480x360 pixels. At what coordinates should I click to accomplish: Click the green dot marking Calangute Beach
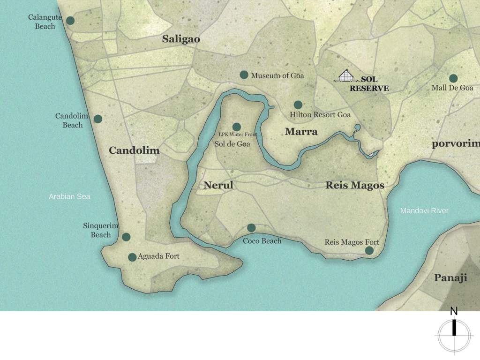pyautogui.click(x=70, y=21)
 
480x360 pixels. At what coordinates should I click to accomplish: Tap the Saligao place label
pyautogui.click(x=181, y=39)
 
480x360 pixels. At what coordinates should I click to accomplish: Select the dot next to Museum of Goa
pyautogui.click(x=244, y=75)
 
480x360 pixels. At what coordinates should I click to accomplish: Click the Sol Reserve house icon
pyautogui.click(x=346, y=76)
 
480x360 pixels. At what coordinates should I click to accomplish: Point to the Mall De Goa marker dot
pyautogui.click(x=453, y=78)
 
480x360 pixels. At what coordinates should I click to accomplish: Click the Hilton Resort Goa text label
pyautogui.click(x=320, y=115)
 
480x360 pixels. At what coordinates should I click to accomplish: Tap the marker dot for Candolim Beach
pyautogui.click(x=98, y=119)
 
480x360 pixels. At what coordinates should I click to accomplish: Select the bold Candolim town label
pyautogui.click(x=134, y=150)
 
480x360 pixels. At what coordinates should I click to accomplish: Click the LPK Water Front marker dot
pyautogui.click(x=237, y=127)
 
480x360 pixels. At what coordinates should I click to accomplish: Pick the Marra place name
pyautogui.click(x=301, y=132)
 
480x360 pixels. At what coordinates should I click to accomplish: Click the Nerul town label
pyautogui.click(x=218, y=186)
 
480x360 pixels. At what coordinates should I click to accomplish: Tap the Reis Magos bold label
pyautogui.click(x=355, y=186)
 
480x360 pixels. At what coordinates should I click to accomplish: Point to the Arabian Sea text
pyautogui.click(x=69, y=196)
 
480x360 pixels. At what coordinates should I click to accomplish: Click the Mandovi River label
pyautogui.click(x=424, y=211)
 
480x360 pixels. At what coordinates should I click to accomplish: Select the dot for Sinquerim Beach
pyautogui.click(x=126, y=237)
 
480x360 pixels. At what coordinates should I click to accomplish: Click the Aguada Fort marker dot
pyautogui.click(x=132, y=257)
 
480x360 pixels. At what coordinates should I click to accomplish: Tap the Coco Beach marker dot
pyautogui.click(x=251, y=228)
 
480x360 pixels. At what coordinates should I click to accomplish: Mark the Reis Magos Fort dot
pyautogui.click(x=369, y=251)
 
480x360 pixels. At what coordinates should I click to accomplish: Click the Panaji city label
pyautogui.click(x=450, y=278)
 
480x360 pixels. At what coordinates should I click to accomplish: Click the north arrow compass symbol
pyautogui.click(x=454, y=335)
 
